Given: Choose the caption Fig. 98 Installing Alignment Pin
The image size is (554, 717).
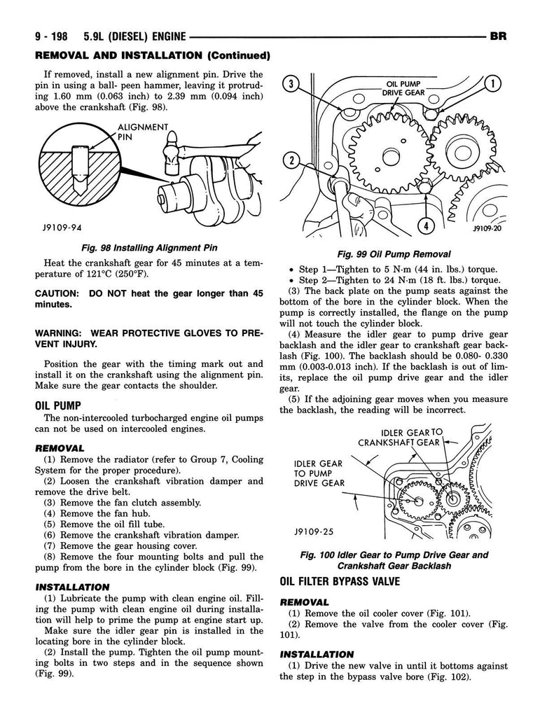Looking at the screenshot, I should (x=149, y=247).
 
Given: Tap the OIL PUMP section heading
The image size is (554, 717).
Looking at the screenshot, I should (x=58, y=405).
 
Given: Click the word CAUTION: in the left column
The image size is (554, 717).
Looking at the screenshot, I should (x=59, y=293).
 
